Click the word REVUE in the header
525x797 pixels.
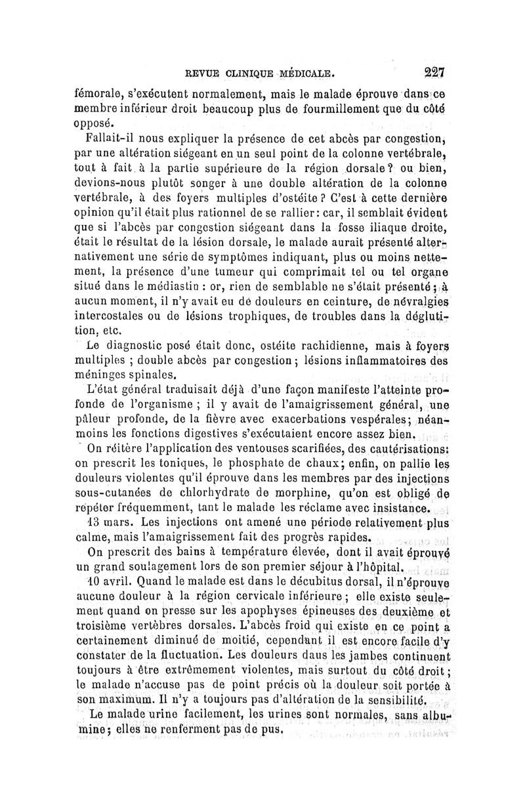point(188,72)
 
